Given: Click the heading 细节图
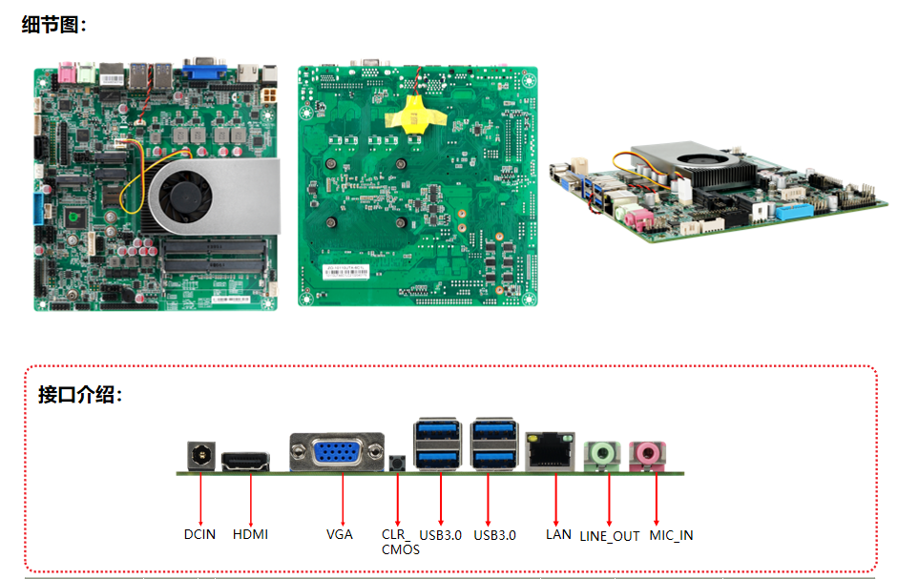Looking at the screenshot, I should [53, 25].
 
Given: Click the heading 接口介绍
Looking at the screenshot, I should [80, 395].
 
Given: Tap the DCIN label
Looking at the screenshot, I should [200, 534].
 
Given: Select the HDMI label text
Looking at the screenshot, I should [250, 534].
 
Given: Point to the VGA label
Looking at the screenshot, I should [340, 534].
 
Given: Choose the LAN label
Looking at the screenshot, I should [558, 534].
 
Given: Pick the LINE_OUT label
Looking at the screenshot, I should [610, 536].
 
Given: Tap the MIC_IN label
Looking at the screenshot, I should [671, 535].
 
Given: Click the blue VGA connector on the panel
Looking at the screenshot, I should [341, 454].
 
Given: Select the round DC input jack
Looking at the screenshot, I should [200, 457].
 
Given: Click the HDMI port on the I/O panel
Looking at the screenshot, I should [251, 462].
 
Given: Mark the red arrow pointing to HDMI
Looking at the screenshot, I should [251, 496].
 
